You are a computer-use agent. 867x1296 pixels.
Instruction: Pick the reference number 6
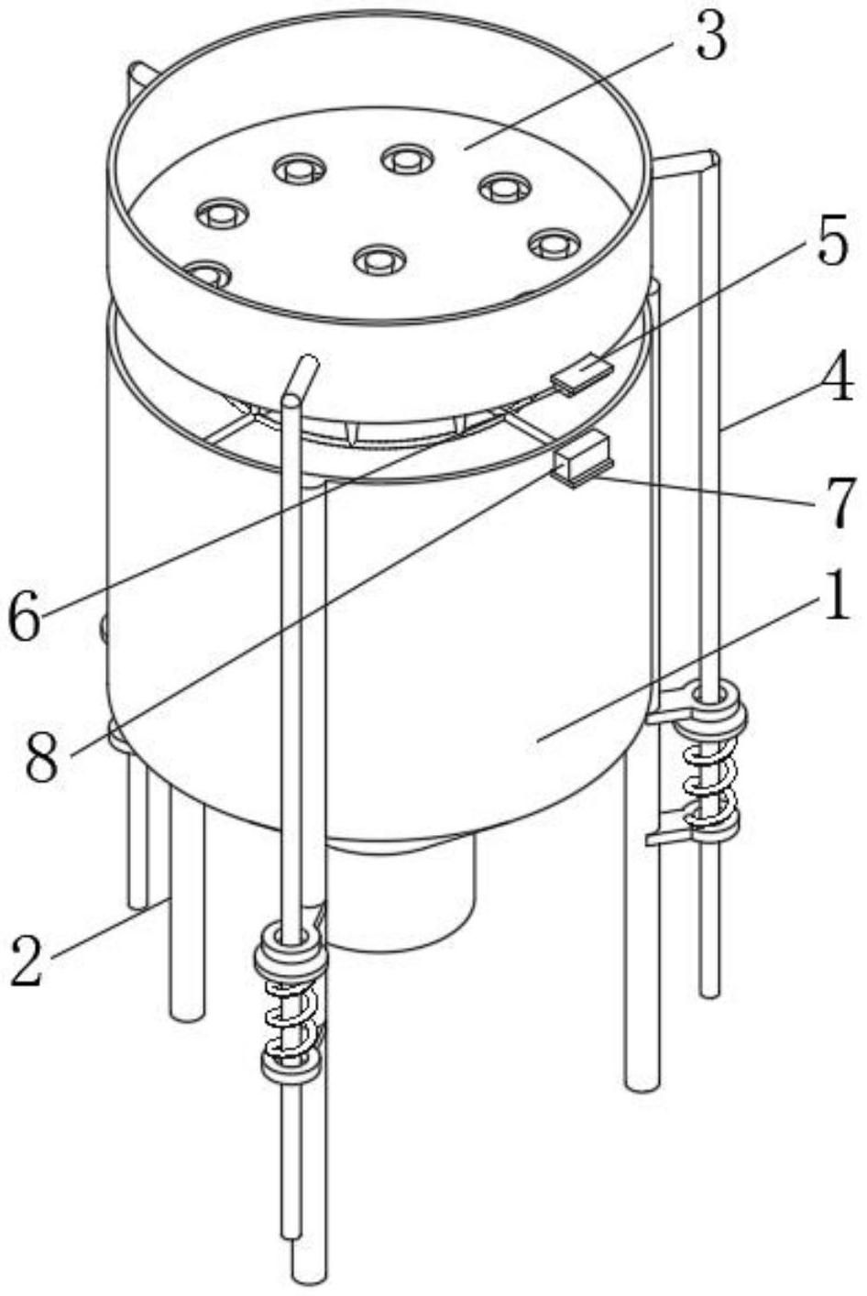[26, 619]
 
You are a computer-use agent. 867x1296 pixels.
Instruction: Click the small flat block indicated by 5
[581, 374]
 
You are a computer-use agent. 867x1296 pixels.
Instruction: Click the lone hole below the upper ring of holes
[379, 259]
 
